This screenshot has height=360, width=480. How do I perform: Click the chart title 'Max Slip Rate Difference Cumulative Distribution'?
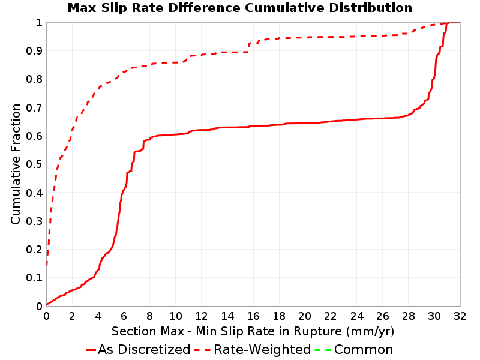[x=240, y=8]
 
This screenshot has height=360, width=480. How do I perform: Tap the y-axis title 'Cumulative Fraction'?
[x=16, y=164]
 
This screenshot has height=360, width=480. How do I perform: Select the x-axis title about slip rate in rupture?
[x=253, y=332]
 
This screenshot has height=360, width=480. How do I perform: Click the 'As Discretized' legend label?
[x=144, y=350]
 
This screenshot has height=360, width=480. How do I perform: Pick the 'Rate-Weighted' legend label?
[x=262, y=350]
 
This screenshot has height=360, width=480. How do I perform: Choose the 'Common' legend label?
[x=364, y=350]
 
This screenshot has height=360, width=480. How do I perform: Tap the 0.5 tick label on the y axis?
[x=34, y=164]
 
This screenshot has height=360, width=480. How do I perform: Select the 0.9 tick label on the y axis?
[x=34, y=51]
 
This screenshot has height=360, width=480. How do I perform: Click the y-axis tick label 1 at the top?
[x=39, y=23]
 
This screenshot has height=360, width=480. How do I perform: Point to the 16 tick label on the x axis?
[x=253, y=316]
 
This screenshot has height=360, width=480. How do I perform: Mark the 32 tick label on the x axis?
[x=460, y=316]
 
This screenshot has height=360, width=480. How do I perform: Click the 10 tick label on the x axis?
[x=175, y=316]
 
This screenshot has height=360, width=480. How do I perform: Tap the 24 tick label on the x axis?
[x=356, y=316]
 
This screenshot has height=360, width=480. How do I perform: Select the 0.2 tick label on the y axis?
[x=34, y=250]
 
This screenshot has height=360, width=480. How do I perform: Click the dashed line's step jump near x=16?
[x=249, y=48]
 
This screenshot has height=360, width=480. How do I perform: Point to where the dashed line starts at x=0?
[x=47, y=266]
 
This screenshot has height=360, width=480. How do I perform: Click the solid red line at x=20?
[x=305, y=123]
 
